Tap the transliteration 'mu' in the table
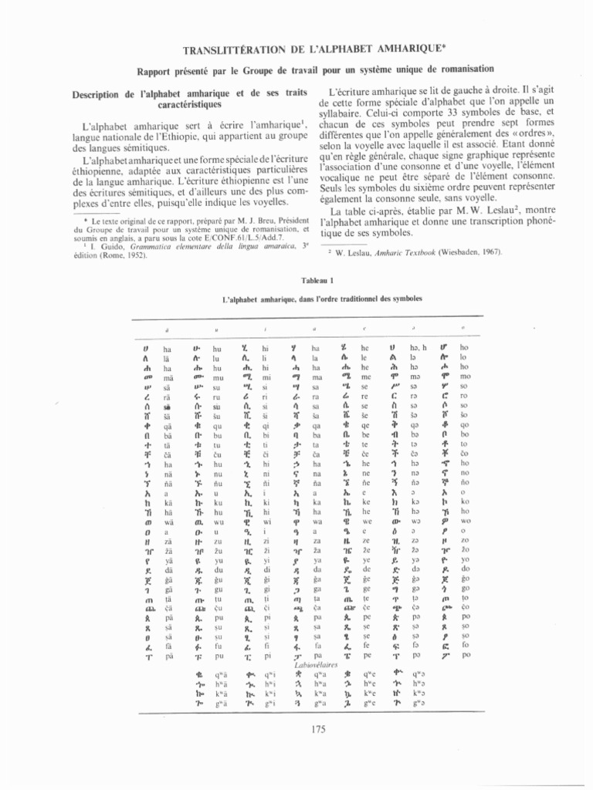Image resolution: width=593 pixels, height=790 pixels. pyautogui.click(x=217, y=377)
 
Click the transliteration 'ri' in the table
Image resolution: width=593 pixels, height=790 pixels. pyautogui.click(x=266, y=394)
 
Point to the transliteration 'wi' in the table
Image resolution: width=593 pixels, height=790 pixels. pyautogui.click(x=267, y=521)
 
